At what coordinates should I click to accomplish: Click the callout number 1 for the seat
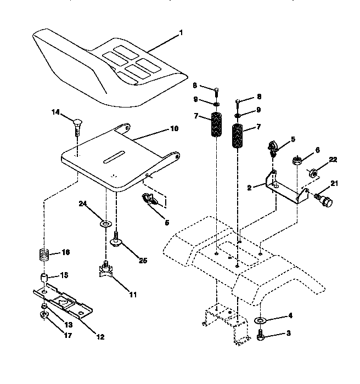[x=181, y=32]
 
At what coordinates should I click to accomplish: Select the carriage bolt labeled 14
[x=77, y=124]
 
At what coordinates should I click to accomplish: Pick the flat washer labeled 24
[x=104, y=224]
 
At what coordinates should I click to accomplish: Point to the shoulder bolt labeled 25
[x=116, y=240]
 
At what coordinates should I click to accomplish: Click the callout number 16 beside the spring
[x=66, y=253]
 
